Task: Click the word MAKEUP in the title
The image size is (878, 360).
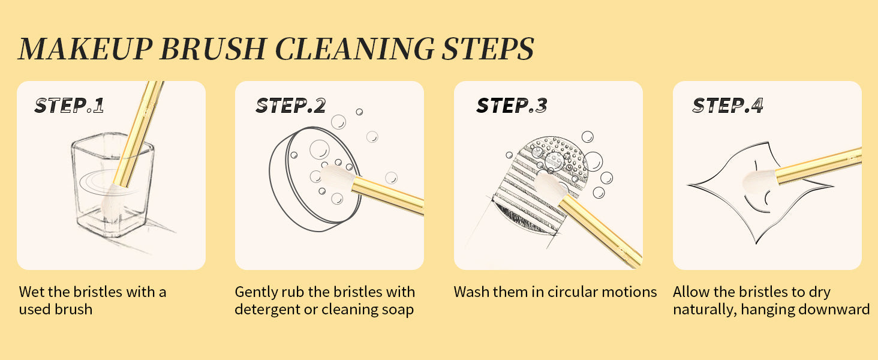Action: point(85,49)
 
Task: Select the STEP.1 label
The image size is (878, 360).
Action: point(70,106)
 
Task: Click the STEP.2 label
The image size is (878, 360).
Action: point(290,106)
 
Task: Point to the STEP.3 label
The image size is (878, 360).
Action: point(512,106)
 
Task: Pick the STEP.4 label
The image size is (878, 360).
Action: point(728,106)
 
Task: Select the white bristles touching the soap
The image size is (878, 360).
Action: point(338,177)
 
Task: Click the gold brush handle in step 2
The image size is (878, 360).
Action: point(388,195)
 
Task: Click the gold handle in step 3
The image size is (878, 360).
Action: point(600,232)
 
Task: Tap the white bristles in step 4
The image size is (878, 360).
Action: point(759,182)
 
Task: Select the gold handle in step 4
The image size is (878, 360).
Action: point(819,166)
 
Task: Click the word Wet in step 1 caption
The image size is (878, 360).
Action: point(31,292)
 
